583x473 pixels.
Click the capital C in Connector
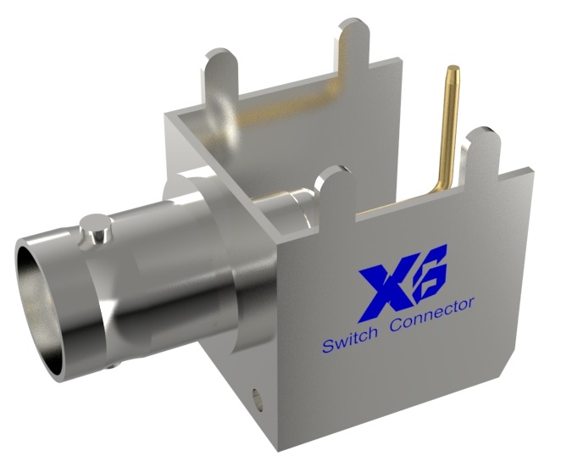coord(395,327)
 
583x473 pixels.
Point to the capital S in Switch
coord(327,346)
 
